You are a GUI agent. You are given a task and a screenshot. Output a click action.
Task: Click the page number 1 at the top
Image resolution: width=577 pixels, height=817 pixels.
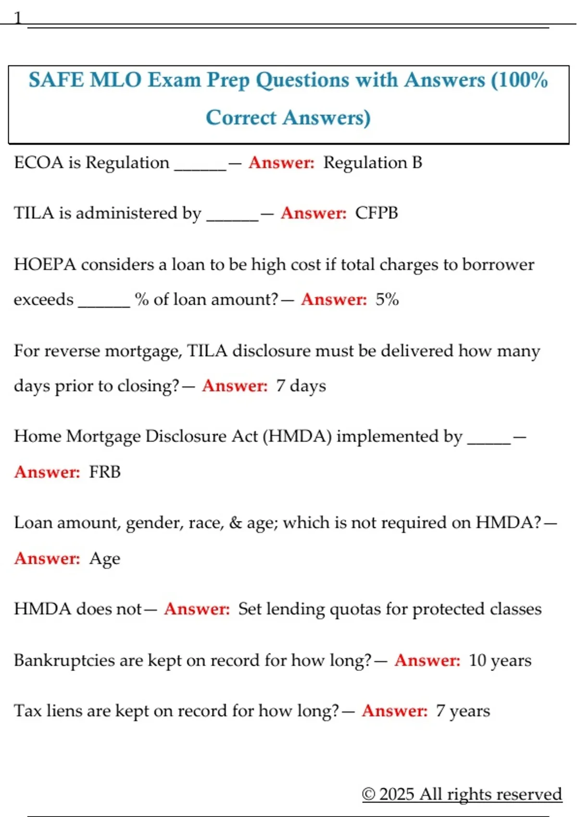[18, 18]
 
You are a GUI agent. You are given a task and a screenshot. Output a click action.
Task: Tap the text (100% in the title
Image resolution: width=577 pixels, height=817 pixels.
[519, 80]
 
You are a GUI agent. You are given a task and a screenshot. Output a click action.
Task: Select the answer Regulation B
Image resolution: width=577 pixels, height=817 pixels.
[372, 163]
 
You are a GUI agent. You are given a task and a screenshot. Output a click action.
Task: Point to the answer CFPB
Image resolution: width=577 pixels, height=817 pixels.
[376, 213]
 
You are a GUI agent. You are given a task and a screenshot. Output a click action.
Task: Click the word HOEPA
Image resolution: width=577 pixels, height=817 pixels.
[45, 264]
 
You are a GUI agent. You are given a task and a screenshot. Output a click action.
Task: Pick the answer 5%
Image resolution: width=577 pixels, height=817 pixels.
[387, 299]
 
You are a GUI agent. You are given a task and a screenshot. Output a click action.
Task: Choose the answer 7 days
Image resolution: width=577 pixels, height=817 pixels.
[301, 386]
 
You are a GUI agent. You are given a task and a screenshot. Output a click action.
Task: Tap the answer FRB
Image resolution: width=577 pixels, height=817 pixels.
[104, 472]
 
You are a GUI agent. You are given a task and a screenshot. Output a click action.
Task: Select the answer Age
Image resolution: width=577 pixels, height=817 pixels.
[104, 558]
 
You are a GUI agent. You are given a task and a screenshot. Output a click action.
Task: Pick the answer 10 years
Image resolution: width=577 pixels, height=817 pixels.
[500, 660]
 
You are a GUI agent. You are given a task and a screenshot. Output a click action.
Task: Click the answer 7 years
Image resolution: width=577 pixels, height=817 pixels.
[463, 711]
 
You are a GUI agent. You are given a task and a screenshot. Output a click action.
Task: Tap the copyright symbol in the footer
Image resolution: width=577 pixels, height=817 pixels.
[368, 794]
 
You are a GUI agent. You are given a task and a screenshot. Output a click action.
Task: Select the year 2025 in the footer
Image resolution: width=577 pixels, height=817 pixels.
[397, 794]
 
